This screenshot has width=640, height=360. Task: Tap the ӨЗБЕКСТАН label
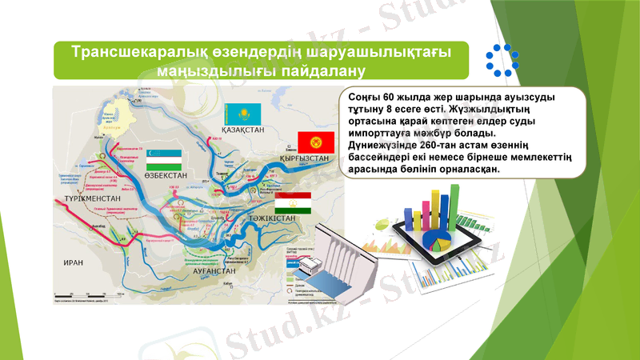[166, 174]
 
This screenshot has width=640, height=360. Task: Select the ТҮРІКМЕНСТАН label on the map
[92, 198]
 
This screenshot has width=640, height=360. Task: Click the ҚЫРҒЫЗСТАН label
[305, 158]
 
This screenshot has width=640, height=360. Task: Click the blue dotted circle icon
[502, 60]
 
